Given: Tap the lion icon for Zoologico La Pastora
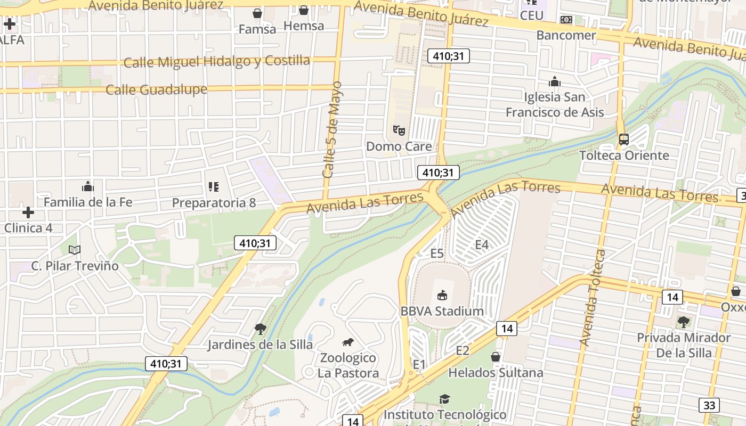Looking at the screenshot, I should pyautogui.click(x=347, y=342).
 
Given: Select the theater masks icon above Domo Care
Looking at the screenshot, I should pyautogui.click(x=399, y=130).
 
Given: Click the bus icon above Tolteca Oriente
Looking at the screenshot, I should pyautogui.click(x=623, y=140).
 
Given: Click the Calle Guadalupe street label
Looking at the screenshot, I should pyautogui.click(x=156, y=89).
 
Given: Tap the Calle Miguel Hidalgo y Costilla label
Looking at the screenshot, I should pyautogui.click(x=216, y=61).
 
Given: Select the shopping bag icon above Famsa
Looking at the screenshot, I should pyautogui.click(x=257, y=13).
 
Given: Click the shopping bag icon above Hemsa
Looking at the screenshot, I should pyautogui.click(x=303, y=10).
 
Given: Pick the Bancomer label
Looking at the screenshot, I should pyautogui.click(x=566, y=35).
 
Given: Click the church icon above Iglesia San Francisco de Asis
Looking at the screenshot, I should pyautogui.click(x=555, y=81).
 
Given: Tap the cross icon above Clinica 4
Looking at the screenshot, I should pyautogui.click(x=28, y=212).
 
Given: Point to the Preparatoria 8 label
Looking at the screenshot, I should pyautogui.click(x=214, y=203).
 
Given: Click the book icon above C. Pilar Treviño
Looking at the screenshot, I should pyautogui.click(x=75, y=250).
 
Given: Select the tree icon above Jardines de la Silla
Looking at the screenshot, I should pyautogui.click(x=260, y=329).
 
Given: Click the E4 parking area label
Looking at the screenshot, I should pyautogui.click(x=481, y=244).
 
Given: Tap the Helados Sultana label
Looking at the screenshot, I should pyautogui.click(x=496, y=373).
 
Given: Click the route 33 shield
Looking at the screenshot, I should pyautogui.click(x=709, y=405).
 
